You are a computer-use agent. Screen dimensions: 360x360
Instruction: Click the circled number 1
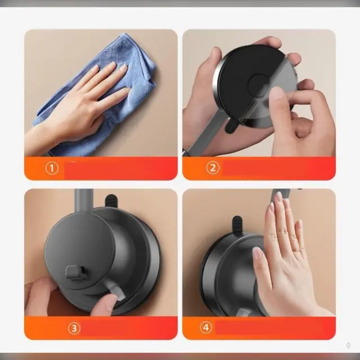[52, 168]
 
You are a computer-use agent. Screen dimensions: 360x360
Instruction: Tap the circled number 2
[213, 168]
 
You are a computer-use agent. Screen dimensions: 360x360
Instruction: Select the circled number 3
[74, 328]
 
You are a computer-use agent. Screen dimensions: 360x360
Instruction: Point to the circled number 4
[206, 327]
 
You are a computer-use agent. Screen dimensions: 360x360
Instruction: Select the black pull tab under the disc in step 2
[231, 125]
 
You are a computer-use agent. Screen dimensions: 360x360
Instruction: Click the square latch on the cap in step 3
[75, 273]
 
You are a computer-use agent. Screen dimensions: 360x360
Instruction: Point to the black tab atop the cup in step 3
[111, 200]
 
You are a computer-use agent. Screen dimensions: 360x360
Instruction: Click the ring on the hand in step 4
[296, 250]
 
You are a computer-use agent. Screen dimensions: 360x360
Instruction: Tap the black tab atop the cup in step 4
[237, 224]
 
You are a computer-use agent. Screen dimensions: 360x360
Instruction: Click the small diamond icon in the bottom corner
[348, 345]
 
